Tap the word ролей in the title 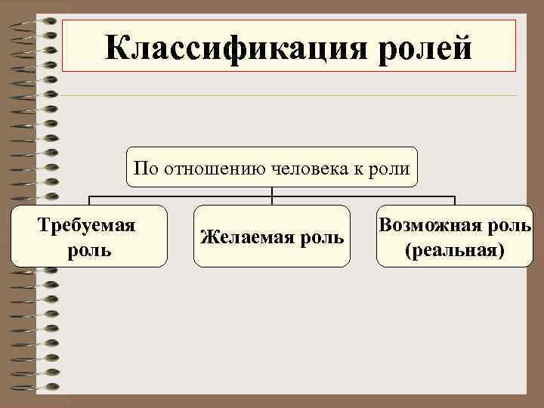[426, 48]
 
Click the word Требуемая [88, 226]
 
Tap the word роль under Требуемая [88, 249]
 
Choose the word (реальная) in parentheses [454, 249]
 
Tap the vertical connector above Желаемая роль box [272, 196]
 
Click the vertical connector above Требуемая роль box [89, 201]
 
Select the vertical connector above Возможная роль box [455, 201]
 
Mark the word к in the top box [361, 168]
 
